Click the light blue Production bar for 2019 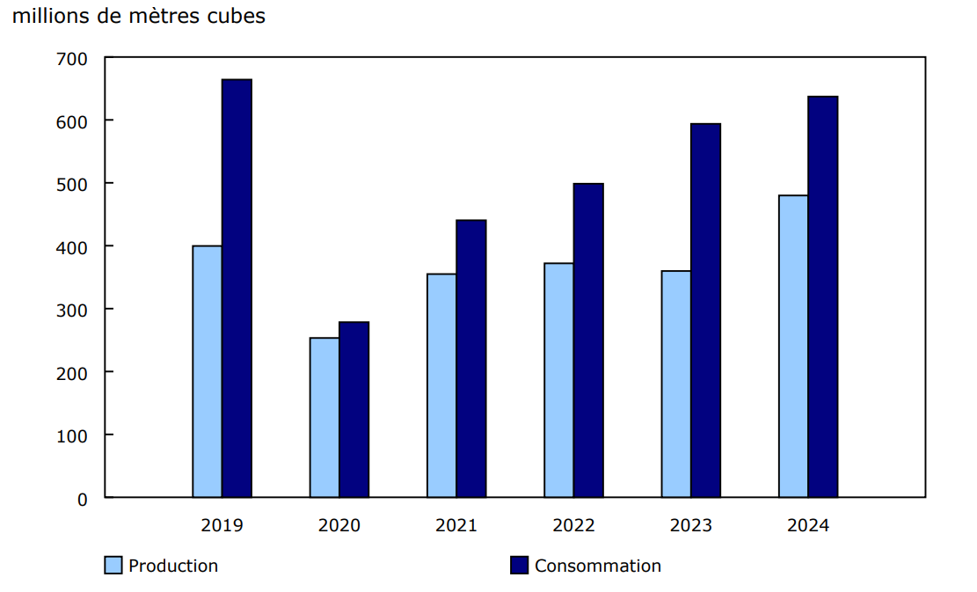click(x=207, y=371)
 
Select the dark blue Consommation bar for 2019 click(x=237, y=289)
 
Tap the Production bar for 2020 click(x=324, y=418)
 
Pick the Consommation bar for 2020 click(x=354, y=410)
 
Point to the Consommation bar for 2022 click(x=588, y=340)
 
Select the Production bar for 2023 click(x=675, y=384)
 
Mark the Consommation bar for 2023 click(x=705, y=311)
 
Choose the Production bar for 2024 click(x=793, y=346)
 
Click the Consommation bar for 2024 click(x=823, y=296)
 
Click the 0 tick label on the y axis click(x=83, y=499)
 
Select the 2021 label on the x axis click(x=456, y=526)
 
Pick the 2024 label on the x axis click(x=807, y=526)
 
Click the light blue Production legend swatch click(x=113, y=566)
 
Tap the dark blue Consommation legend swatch click(x=520, y=566)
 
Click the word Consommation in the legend click(x=598, y=566)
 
